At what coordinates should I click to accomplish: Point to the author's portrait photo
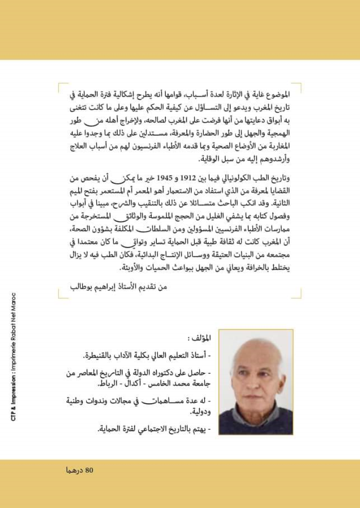[255, 381]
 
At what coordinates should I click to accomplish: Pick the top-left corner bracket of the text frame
[62, 87]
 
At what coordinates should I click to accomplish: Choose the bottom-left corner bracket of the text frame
[62, 295]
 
